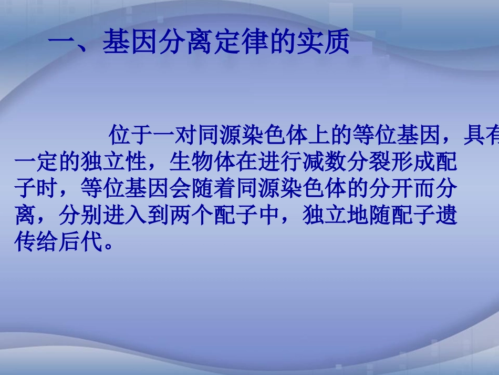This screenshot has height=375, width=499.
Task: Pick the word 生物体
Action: (x=192, y=164)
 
